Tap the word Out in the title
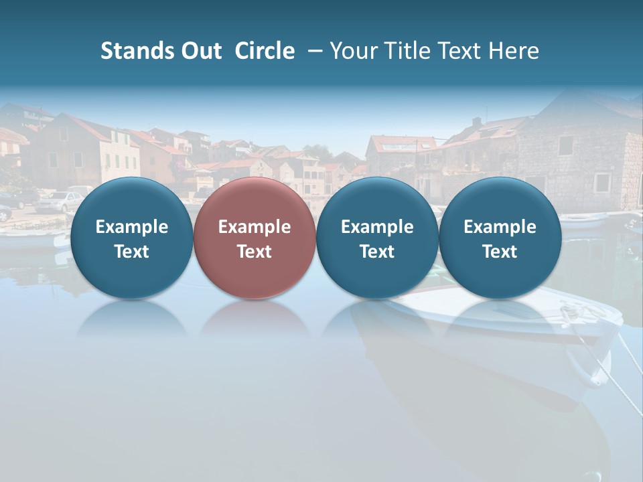point(202,51)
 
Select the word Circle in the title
point(265,51)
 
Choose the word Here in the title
point(514,51)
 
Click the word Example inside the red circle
point(255,227)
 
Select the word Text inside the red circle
point(255,252)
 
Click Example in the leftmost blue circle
point(132,227)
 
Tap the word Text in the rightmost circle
point(500,252)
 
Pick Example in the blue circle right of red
point(377,227)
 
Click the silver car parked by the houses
point(59,202)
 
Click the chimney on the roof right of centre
point(476,124)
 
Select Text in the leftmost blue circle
point(132,252)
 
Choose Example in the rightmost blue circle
point(500,227)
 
